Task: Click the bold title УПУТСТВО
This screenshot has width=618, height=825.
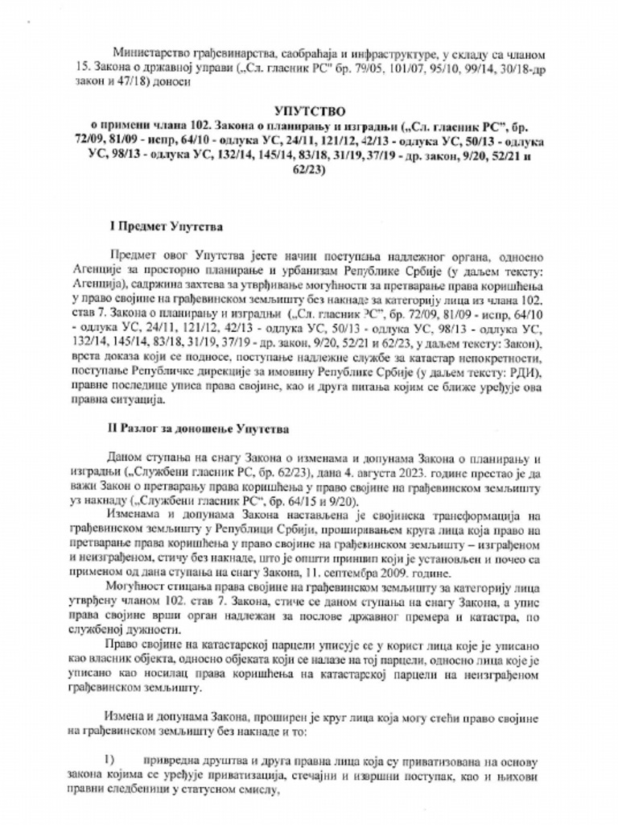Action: point(309,107)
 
